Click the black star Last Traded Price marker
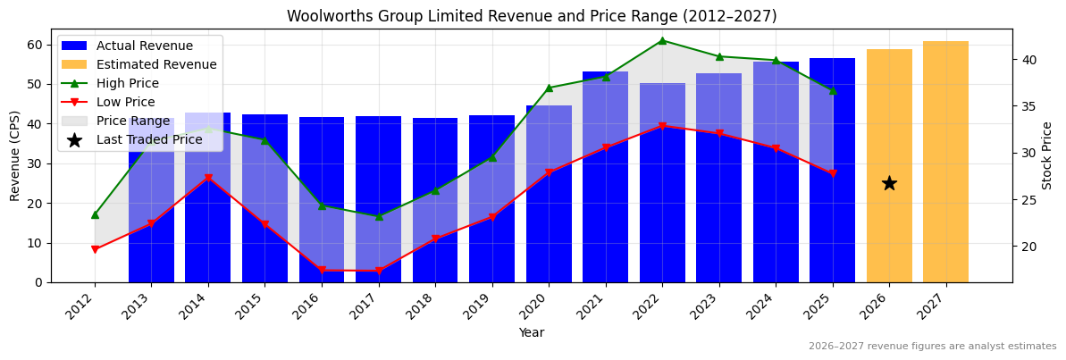889,183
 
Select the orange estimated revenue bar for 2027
945,162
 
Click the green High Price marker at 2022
662,40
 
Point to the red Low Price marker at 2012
95,249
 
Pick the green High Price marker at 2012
95,214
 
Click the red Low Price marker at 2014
208,179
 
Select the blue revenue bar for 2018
435,259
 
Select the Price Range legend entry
132,121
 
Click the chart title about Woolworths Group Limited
532,16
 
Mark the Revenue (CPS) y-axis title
15,156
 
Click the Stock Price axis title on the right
1048,155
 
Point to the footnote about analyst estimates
932,347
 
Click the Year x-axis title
532,333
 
